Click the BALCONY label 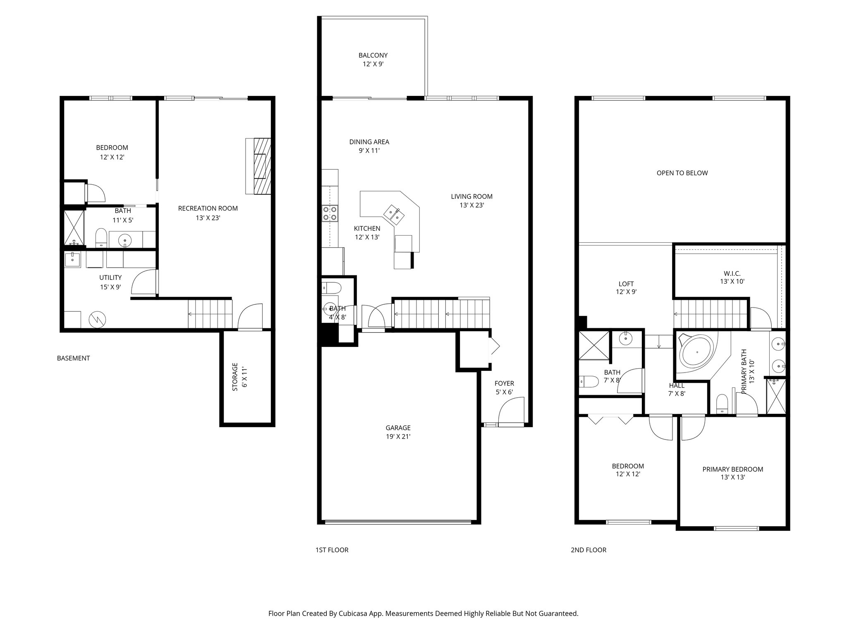coord(373,55)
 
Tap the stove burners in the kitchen coord(330,213)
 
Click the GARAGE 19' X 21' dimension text coord(398,437)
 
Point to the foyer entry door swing coord(511,411)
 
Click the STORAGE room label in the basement coord(235,377)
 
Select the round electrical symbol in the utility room coord(98,319)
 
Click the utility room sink coord(73,260)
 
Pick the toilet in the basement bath coord(101,238)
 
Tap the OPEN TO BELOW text coord(682,173)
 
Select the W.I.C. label coord(732,273)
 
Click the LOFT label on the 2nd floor coord(626,284)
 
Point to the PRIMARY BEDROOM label coord(732,469)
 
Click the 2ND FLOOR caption coord(588,550)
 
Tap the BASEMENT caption coord(73,358)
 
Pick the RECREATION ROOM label coord(208,208)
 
